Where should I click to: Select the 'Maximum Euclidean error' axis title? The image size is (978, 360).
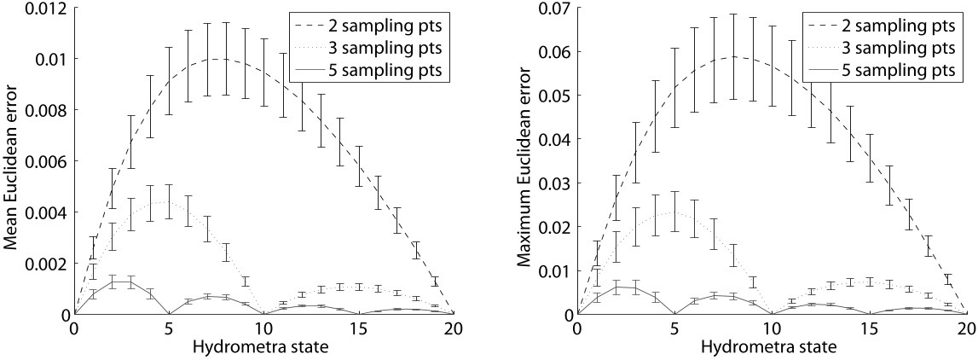521,161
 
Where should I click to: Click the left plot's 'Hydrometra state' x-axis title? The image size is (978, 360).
265,349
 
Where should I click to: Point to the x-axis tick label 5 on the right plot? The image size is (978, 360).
674,328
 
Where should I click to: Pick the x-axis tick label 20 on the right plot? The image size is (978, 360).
966,328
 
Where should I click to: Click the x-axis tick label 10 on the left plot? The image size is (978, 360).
264,328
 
